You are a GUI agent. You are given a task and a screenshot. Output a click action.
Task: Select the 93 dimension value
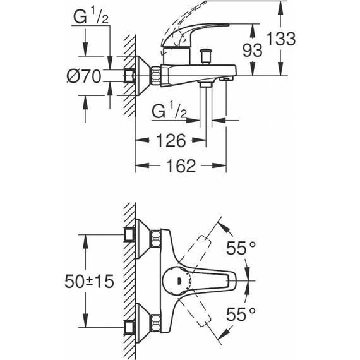pyautogui.click(x=253, y=51)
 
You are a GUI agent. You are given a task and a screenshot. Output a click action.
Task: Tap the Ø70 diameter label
pyautogui.click(x=83, y=77)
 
